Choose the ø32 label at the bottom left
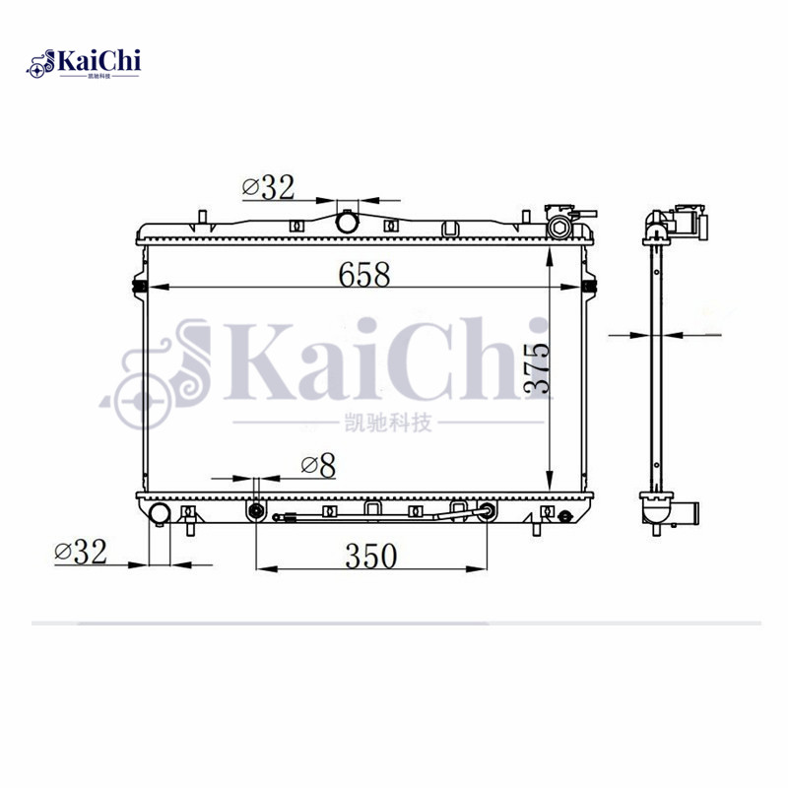click(81, 553)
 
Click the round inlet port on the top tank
click(348, 223)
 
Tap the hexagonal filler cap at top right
click(560, 228)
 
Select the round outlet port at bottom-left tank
click(159, 513)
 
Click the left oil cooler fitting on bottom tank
click(256, 511)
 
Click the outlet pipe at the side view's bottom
click(690, 513)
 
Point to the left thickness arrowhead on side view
click(645, 335)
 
